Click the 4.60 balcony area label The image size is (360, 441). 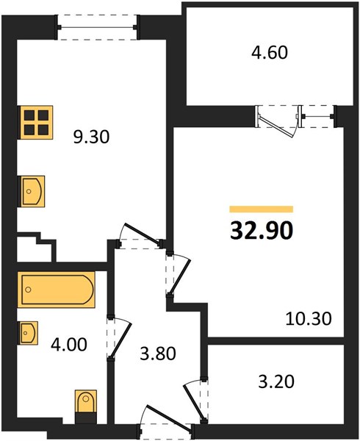(x=270, y=53)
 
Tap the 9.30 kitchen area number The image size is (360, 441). (x=91, y=137)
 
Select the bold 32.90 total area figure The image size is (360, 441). (x=262, y=230)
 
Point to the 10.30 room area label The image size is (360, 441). (x=309, y=319)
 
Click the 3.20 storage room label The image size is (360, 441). (x=276, y=381)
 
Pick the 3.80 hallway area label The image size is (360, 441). (x=158, y=354)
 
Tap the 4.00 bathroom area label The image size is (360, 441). (x=69, y=345)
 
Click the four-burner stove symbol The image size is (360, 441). (x=35, y=122)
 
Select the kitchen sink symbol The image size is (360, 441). (x=31, y=192)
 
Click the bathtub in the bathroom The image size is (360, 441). (x=57, y=290)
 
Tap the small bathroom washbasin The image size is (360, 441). (x=28, y=333)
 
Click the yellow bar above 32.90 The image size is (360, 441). (x=262, y=209)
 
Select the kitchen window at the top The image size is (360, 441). (x=97, y=27)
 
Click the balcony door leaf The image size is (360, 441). (x=276, y=127)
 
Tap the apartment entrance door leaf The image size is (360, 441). (x=170, y=418)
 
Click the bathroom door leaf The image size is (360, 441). (x=120, y=340)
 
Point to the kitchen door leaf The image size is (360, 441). (x=143, y=234)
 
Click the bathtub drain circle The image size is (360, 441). (x=28, y=290)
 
